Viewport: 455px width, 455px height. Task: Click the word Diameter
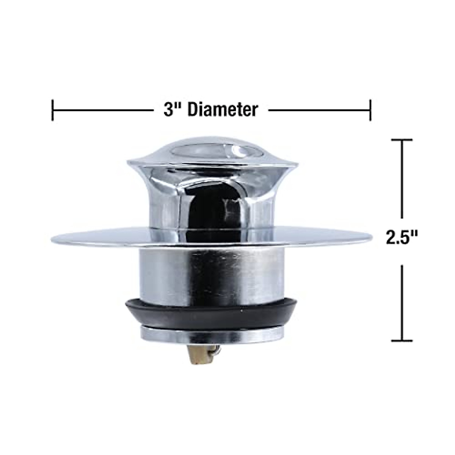point(223,110)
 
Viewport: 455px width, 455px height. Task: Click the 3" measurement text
point(173,110)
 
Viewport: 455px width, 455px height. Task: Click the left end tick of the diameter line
point(52,110)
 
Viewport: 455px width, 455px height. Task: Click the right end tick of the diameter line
point(370,110)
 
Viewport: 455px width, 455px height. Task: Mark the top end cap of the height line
point(402,140)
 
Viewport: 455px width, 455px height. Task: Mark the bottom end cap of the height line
point(402,340)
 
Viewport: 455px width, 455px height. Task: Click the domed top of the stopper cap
point(212,150)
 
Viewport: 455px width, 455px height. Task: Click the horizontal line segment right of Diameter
point(318,110)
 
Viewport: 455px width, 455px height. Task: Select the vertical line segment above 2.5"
point(402,182)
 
